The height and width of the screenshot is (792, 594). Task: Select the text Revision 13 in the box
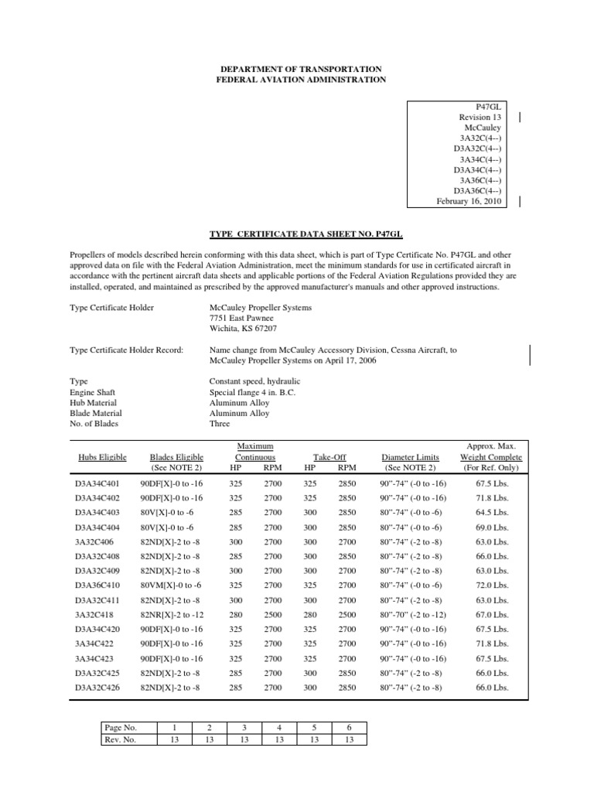point(480,117)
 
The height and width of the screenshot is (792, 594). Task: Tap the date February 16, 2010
point(469,201)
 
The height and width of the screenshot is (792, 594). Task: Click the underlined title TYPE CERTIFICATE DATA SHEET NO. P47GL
point(296,232)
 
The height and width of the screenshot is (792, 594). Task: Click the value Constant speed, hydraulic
point(254,381)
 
